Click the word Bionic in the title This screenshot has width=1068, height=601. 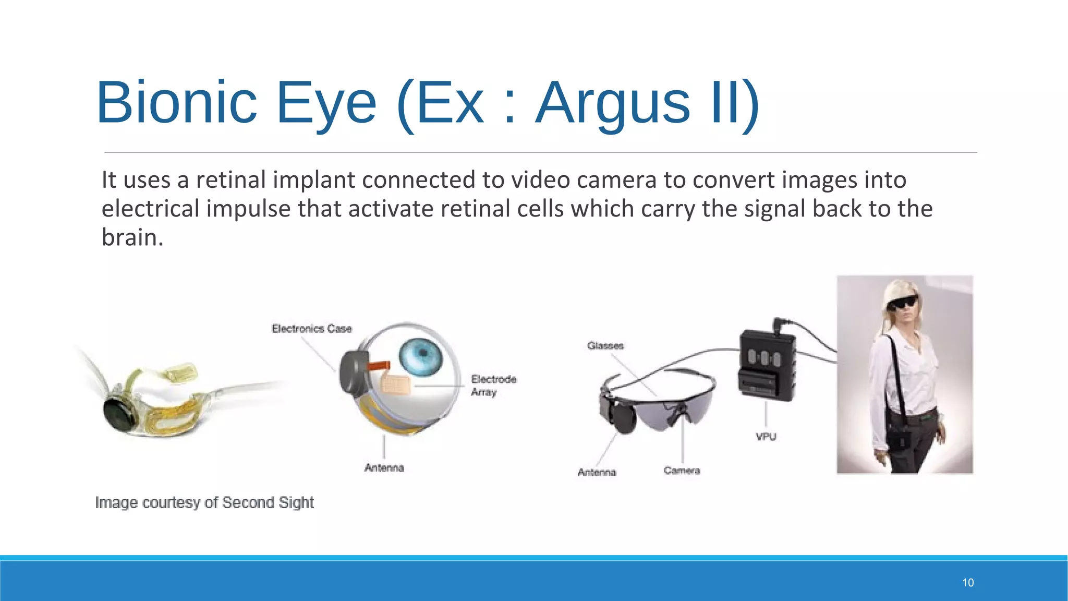[x=177, y=102]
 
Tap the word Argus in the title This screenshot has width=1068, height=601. [x=613, y=102]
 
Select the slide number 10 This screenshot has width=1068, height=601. [x=968, y=583]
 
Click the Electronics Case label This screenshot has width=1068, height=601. [x=312, y=329]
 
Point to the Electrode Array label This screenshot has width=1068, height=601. [x=493, y=385]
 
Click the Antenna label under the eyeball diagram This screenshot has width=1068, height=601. [x=384, y=468]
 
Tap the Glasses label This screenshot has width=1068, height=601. [x=605, y=346]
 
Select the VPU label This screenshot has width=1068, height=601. [x=766, y=437]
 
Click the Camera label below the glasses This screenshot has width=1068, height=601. [x=682, y=471]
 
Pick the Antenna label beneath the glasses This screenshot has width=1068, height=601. [x=597, y=472]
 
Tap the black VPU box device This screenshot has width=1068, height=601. [x=767, y=365]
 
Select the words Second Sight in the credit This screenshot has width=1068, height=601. [x=268, y=502]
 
